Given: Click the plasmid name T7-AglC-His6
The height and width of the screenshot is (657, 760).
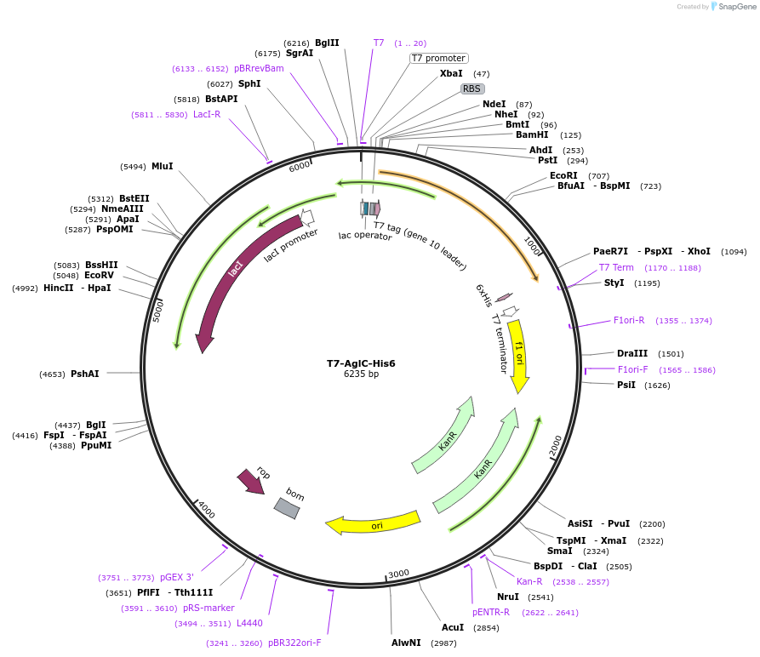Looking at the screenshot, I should [x=361, y=363].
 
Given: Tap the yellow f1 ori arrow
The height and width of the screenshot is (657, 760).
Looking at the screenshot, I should [x=518, y=353].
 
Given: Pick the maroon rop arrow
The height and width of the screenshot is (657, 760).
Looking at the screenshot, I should [x=251, y=482].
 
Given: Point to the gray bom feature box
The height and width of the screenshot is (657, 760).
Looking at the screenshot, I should [x=287, y=508].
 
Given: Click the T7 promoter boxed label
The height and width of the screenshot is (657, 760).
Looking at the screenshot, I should [x=438, y=58].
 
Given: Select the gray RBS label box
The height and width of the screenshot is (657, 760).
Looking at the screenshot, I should [x=472, y=89].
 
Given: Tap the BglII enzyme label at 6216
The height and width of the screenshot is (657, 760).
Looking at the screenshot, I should [x=327, y=43].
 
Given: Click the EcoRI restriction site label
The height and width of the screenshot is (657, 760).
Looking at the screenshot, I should [x=563, y=175].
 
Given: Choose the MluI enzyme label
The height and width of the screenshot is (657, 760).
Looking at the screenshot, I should [x=162, y=166].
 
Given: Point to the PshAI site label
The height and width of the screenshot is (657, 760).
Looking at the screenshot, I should [x=84, y=374].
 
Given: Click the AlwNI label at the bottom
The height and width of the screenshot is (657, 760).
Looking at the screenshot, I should [x=406, y=643].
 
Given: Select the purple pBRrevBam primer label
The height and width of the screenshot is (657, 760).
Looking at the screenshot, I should [x=259, y=68].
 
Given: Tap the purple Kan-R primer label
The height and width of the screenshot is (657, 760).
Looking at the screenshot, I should [x=529, y=581].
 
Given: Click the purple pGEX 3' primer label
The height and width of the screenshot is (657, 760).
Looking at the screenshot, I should [x=177, y=577].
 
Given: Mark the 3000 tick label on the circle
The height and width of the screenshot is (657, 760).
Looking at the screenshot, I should [x=398, y=573].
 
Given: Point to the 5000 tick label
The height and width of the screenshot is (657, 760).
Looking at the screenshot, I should [x=157, y=310].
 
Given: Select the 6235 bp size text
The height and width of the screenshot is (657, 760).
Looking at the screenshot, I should [x=361, y=374].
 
